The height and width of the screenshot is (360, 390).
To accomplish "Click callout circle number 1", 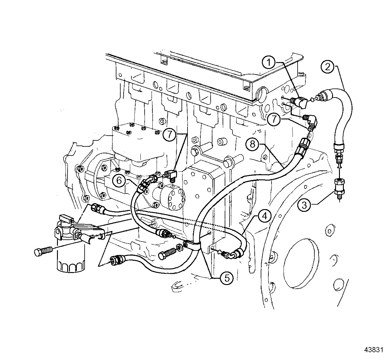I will tap(269, 63).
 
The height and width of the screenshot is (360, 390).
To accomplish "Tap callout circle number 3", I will tap(304, 205).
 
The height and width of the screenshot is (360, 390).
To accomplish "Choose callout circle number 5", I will tap(226, 278).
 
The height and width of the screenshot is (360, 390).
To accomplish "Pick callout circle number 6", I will tap(119, 180).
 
